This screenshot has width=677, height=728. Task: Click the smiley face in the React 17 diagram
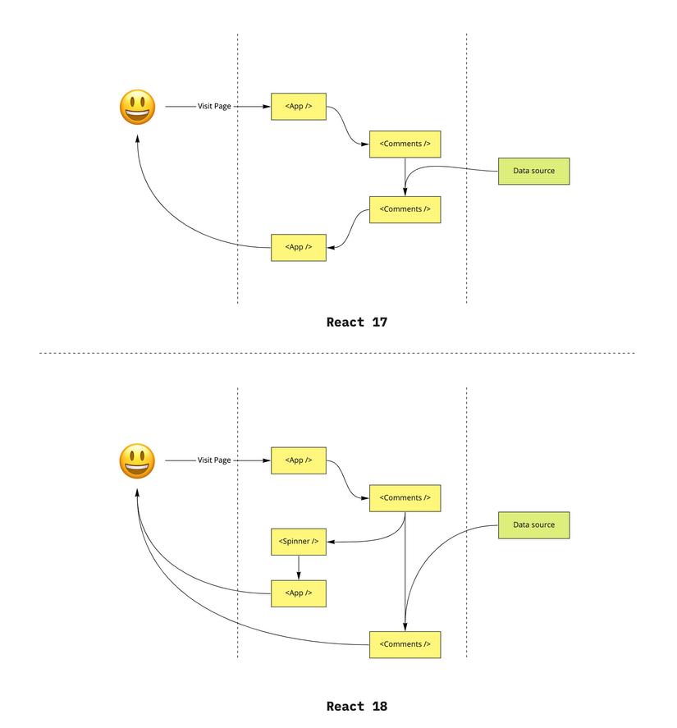click(137, 108)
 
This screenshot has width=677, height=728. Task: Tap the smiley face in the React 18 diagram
click(137, 461)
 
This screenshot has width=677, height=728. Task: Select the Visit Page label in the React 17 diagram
click(214, 106)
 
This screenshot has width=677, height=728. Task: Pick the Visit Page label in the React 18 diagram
click(214, 460)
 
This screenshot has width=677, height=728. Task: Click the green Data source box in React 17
click(533, 171)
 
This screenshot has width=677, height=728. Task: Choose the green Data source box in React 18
click(533, 524)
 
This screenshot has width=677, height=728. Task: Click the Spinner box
click(299, 542)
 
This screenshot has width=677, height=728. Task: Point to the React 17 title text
click(356, 322)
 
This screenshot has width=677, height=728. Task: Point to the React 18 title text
click(356, 706)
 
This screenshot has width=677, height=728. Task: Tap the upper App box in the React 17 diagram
click(299, 106)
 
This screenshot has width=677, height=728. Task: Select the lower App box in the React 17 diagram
click(299, 247)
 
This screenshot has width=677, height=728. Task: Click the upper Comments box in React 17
click(405, 144)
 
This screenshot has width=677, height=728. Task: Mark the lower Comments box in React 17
click(405, 209)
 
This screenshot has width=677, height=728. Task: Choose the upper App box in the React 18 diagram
click(299, 460)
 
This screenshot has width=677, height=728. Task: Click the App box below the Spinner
click(299, 593)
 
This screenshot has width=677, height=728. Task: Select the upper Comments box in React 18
click(405, 498)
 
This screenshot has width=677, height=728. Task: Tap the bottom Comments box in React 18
click(405, 644)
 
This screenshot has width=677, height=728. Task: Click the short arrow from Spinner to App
click(299, 567)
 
